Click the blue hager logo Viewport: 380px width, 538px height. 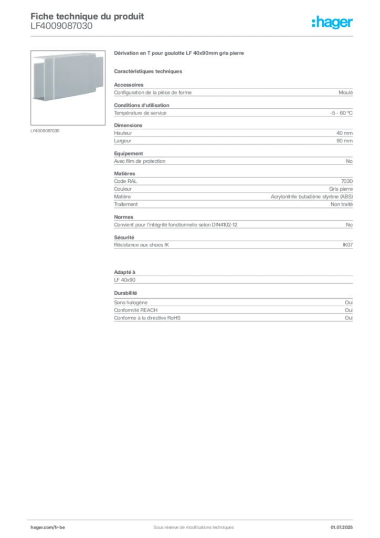pos(333,24)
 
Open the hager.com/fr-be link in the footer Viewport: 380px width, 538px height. pos(47,527)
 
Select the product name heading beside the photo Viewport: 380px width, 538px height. pos(180,55)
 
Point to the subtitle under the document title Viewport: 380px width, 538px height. pos(61,30)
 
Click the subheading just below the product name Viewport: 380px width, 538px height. pos(149,71)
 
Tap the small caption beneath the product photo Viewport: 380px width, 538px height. pos(46,131)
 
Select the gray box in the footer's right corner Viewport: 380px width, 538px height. pos(344,524)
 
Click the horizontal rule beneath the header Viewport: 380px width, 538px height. pos(193,36)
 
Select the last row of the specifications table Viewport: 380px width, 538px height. pos(233,318)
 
